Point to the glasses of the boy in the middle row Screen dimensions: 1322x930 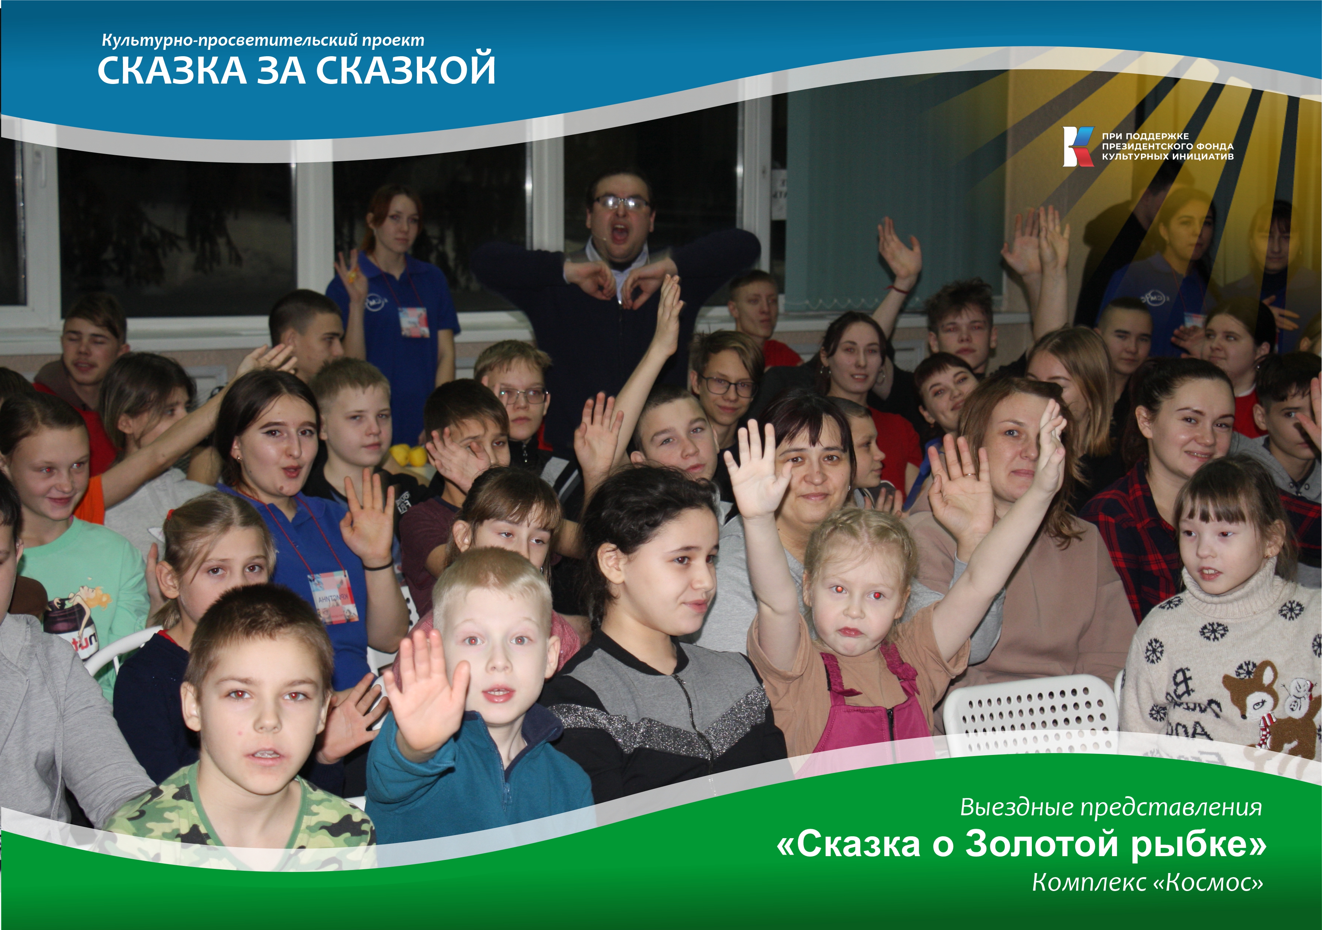[522, 395]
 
